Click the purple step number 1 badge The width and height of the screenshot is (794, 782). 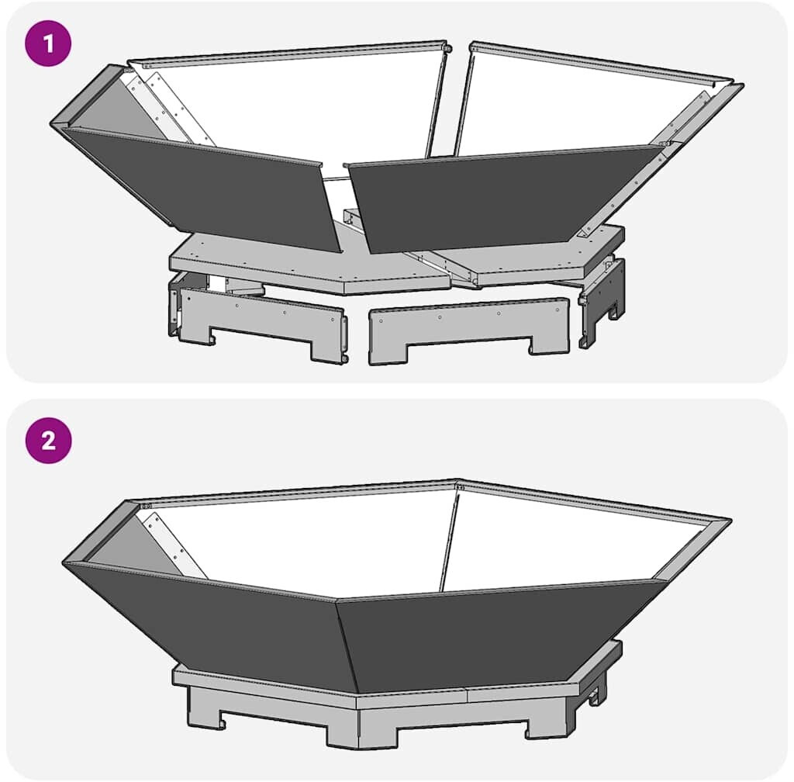click(48, 43)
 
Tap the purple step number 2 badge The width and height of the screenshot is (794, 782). click(48, 440)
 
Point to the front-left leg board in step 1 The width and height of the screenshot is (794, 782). click(261, 324)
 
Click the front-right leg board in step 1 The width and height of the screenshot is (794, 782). click(468, 330)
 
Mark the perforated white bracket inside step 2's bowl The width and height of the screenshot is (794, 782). click(172, 545)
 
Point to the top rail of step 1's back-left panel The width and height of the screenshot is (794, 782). click(288, 54)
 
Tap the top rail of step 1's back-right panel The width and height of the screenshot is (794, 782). click(601, 64)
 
